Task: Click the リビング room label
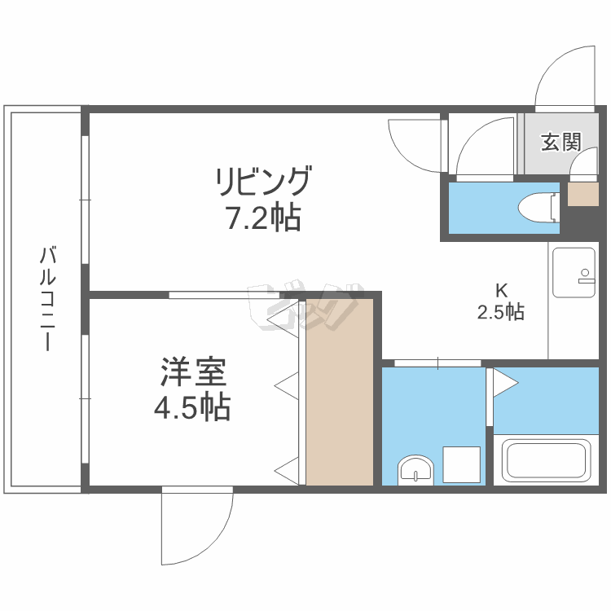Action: pyautogui.click(x=262, y=182)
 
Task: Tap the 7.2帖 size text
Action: pyautogui.click(x=262, y=218)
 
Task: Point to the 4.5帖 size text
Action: pyautogui.click(x=192, y=407)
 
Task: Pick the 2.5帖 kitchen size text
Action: pyautogui.click(x=500, y=311)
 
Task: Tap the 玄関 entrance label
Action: pyautogui.click(x=561, y=142)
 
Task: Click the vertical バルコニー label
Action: pyautogui.click(x=48, y=299)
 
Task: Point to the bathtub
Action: pyautogui.click(x=546, y=460)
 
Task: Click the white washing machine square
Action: pyautogui.click(x=460, y=464)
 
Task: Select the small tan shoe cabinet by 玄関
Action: pyautogui.click(x=582, y=195)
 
